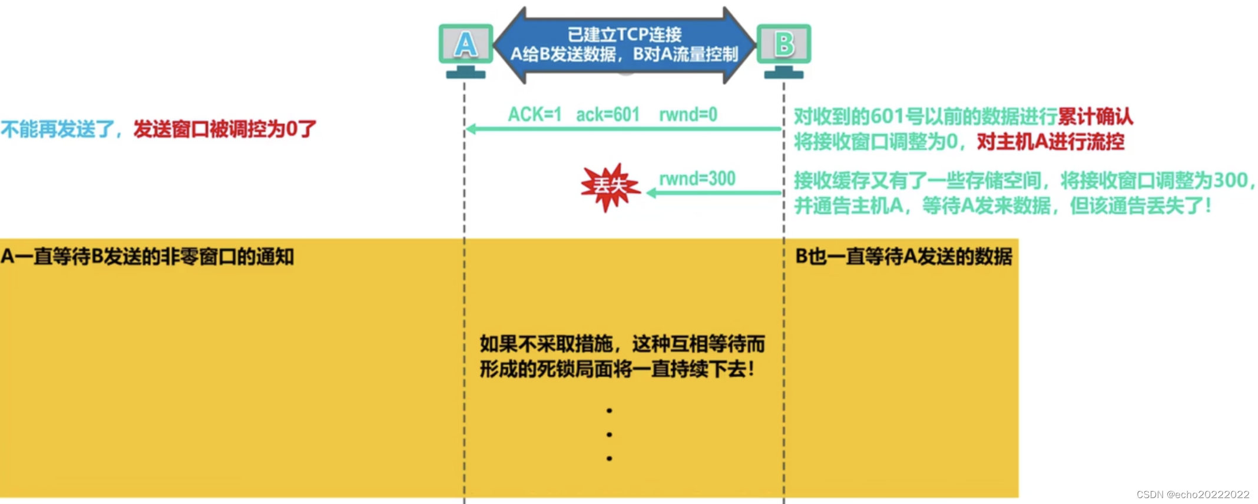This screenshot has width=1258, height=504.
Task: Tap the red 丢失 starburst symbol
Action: pos(610,187)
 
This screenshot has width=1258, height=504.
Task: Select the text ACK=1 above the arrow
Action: pos(534,114)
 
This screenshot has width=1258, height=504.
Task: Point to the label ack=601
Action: pos(608,114)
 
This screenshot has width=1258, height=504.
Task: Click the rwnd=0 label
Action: pos(688,114)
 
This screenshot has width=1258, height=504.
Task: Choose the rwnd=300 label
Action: pos(697,178)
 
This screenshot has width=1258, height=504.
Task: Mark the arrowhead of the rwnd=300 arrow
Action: pos(651,193)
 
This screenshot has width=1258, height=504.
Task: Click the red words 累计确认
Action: pos(1095,117)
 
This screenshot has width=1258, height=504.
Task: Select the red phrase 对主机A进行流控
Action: pos(1051,142)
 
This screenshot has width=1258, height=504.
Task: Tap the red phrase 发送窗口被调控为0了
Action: pos(224,129)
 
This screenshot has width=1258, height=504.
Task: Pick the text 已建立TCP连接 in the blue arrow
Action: pos(624,34)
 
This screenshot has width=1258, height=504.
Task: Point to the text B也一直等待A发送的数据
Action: pos(903,257)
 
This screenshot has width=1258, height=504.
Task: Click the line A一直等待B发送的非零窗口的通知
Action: pos(147,257)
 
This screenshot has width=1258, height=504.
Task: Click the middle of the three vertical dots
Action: pos(609,435)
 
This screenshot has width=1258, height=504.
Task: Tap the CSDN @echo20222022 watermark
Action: pos(1193,495)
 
